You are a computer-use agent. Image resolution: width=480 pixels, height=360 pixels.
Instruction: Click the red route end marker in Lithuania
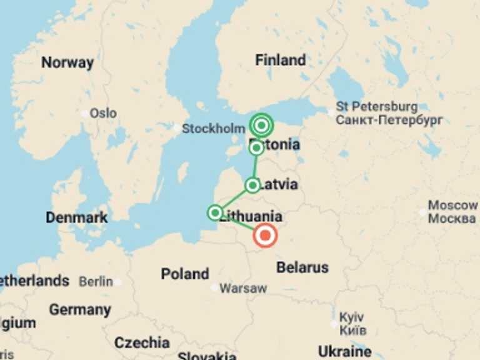(266, 236)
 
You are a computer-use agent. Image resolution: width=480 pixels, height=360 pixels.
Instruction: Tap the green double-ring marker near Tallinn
(261, 126)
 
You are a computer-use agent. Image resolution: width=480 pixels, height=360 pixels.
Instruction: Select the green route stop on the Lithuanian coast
(215, 213)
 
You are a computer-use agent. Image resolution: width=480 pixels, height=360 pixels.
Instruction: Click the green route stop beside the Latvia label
(252, 185)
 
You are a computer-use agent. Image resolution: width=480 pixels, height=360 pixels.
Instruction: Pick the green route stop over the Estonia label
(256, 148)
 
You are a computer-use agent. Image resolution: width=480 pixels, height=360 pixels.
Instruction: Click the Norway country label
(67, 62)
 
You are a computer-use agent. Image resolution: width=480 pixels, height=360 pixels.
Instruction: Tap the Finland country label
(281, 61)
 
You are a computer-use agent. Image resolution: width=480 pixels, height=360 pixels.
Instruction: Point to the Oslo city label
(103, 113)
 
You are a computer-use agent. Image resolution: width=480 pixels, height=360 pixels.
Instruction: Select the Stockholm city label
(213, 129)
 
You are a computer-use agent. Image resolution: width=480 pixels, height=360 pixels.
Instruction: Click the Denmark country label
(77, 218)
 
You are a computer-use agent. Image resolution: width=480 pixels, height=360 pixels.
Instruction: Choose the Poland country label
(185, 274)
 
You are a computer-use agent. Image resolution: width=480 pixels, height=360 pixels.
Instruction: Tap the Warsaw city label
(243, 289)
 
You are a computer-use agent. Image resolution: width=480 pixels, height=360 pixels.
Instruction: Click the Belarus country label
(302, 267)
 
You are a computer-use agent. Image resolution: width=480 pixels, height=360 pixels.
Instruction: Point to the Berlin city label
(95, 282)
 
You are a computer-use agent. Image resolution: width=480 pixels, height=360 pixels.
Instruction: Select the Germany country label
(80, 309)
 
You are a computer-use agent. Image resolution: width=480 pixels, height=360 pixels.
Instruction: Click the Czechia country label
(142, 342)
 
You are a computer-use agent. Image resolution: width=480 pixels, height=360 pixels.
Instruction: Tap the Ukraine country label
(344, 350)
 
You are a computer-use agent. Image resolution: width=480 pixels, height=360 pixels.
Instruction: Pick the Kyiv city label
(351, 317)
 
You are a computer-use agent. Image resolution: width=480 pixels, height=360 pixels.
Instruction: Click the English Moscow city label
(453, 206)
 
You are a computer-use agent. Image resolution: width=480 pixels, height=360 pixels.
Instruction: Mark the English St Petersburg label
(377, 106)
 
